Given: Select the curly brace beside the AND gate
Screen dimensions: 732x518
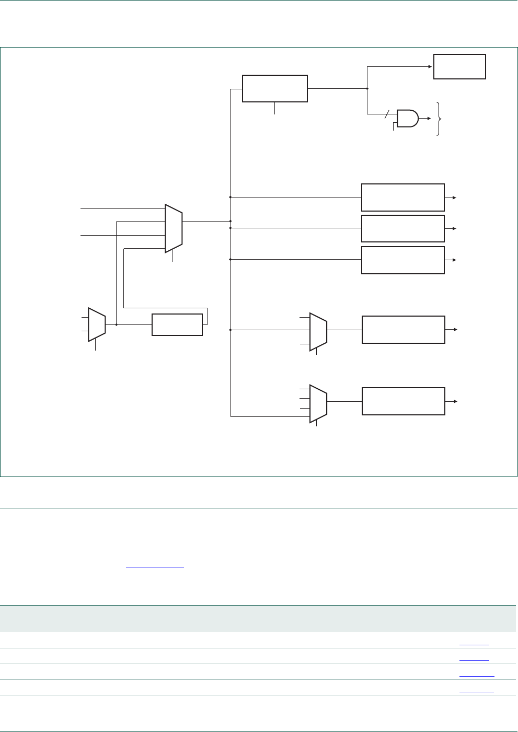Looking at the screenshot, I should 440,119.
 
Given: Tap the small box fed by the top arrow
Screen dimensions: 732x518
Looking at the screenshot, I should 459,66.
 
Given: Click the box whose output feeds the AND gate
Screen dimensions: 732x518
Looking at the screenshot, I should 275,88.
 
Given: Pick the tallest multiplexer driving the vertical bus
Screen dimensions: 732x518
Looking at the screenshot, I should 174,228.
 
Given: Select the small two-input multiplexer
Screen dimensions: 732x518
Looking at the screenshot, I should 97,324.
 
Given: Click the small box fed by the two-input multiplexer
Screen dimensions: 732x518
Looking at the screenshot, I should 177,324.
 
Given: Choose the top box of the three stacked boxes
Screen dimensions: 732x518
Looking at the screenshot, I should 402,197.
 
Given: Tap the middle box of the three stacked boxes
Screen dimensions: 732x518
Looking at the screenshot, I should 402,228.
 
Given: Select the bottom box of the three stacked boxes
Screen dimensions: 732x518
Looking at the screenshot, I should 402,260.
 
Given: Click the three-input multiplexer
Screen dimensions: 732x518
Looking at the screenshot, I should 318,331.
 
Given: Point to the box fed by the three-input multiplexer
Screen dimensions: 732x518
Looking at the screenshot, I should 403,330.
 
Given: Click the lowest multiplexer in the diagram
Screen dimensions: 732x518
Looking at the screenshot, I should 318,403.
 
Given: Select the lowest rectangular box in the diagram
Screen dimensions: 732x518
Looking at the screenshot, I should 403,401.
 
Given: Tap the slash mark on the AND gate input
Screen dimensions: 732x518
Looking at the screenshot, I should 388,113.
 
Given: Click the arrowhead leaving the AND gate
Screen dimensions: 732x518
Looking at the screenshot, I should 429,119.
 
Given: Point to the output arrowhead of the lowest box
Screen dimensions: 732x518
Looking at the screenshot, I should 456,401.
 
